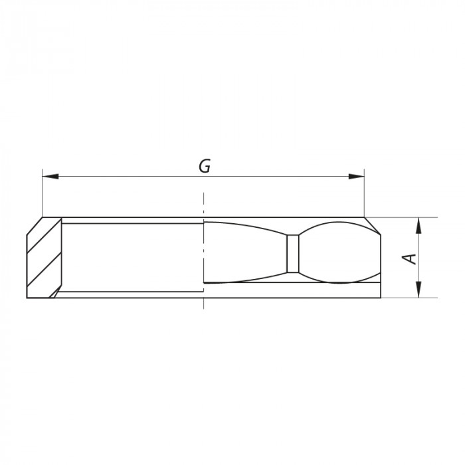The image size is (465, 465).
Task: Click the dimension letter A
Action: (412, 258)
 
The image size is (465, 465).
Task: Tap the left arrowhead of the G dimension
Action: (48, 176)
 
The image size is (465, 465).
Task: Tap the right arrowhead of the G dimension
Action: (358, 176)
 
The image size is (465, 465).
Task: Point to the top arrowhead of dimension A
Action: (418, 225)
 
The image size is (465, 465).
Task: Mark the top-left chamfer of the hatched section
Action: (35, 226)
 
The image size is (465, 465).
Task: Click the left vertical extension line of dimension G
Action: (42, 196)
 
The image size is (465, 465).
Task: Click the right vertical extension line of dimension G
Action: (365, 196)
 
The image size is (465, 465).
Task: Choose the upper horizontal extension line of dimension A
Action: (405, 218)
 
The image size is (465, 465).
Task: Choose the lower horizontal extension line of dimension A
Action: (405, 298)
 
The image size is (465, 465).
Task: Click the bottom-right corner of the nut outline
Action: (382, 297)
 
